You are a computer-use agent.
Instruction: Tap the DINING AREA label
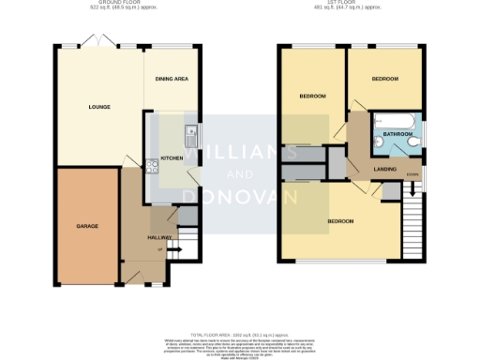172,79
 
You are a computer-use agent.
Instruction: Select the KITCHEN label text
172,158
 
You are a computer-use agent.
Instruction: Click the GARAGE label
87,226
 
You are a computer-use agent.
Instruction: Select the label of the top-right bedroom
384,79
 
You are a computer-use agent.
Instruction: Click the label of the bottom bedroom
340,221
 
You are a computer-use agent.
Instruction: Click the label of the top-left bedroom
312,97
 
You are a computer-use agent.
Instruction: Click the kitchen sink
189,133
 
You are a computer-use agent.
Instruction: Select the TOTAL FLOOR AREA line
241,334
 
